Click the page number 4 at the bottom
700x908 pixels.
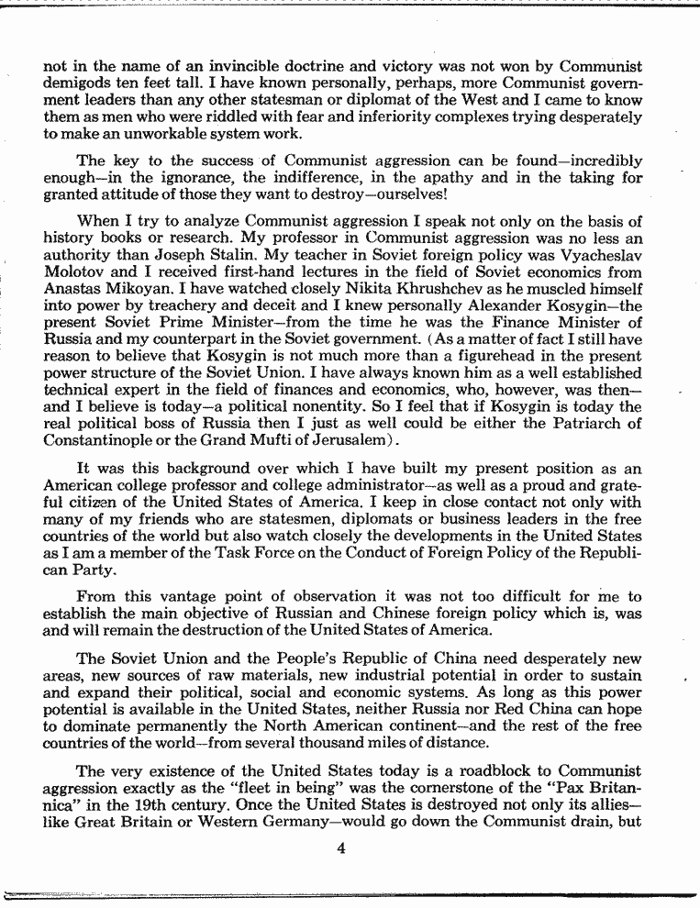(x=340, y=847)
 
